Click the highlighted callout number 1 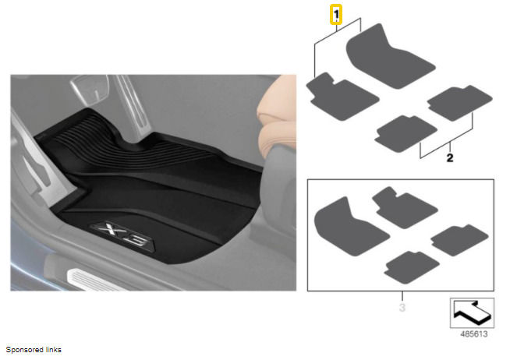coord(336,15)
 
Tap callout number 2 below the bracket coord(450,157)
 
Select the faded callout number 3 coord(402,308)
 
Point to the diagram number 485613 coord(473,334)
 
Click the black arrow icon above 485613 coord(472,312)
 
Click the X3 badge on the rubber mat coord(122,235)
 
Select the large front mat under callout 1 coord(391,56)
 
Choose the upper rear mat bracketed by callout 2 coord(459,103)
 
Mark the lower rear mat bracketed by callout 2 coord(405,133)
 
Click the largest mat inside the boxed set coord(350,228)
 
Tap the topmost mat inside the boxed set coord(404,208)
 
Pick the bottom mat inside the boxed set coord(411,266)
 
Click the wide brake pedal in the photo coord(90,87)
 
